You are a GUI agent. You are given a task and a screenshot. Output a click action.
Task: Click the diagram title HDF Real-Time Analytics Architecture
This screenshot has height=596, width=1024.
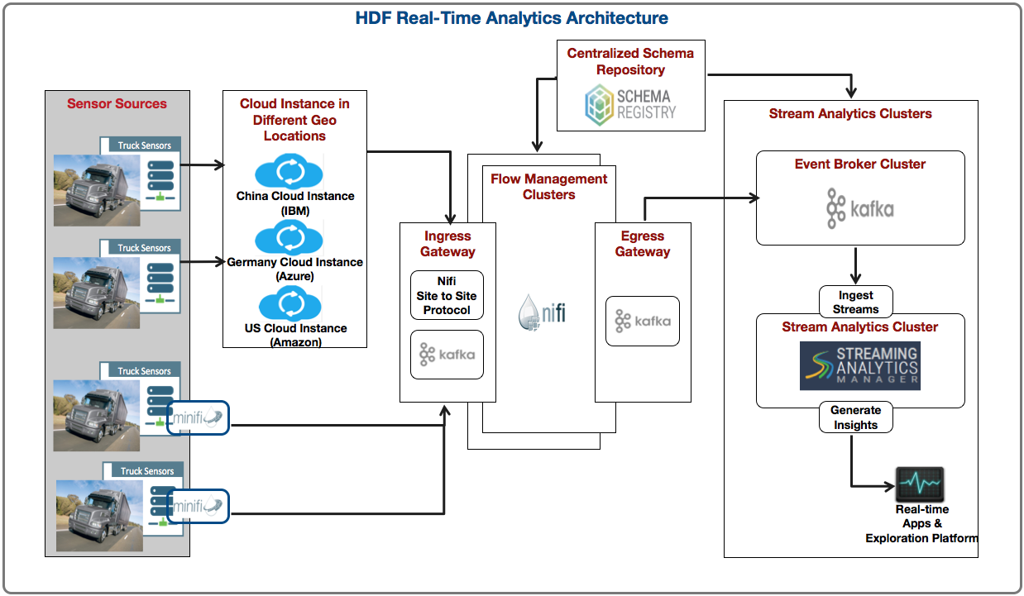(x=511, y=18)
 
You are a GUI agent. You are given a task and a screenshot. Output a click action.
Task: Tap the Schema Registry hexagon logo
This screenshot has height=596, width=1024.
(x=599, y=105)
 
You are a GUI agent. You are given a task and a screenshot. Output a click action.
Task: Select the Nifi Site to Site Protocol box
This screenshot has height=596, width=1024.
(x=447, y=295)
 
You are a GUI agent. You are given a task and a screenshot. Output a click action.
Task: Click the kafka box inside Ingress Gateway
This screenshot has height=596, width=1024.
(x=447, y=355)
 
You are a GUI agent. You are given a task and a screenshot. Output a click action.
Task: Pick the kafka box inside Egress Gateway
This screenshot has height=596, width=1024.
(x=643, y=321)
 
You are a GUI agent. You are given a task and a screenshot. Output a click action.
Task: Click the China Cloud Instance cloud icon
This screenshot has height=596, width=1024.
(x=289, y=171)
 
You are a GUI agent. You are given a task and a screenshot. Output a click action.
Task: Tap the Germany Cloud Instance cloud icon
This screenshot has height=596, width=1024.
(x=289, y=237)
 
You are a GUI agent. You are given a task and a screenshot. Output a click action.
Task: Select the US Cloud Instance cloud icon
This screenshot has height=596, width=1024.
(x=290, y=303)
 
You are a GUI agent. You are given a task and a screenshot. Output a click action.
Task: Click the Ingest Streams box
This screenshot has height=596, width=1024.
(x=855, y=302)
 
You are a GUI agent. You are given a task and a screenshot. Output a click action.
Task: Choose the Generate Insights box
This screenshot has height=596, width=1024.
(x=855, y=417)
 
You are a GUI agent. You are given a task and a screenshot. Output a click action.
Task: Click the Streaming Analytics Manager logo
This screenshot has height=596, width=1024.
(x=860, y=366)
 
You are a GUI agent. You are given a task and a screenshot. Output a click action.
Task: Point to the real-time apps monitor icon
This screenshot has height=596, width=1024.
(x=920, y=484)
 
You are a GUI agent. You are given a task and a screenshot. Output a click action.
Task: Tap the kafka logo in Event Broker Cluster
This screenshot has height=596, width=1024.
(x=860, y=208)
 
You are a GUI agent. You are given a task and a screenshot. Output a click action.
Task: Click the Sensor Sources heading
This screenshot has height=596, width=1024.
(x=117, y=103)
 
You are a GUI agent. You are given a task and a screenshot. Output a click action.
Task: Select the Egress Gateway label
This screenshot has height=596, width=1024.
(x=643, y=243)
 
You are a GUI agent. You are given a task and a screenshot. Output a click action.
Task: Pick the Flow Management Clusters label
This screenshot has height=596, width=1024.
(x=548, y=186)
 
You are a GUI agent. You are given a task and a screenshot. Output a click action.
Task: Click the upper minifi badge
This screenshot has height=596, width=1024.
(x=198, y=417)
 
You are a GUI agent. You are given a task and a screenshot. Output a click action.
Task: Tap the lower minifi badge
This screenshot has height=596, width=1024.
(x=198, y=506)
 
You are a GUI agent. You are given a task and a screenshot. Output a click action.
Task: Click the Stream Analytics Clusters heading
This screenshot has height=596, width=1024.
(x=850, y=113)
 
